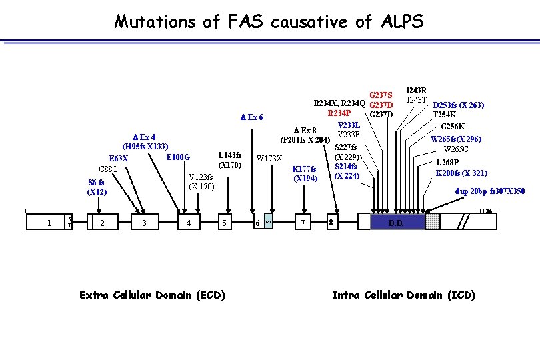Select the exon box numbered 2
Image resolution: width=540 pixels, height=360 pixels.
pos(101,223)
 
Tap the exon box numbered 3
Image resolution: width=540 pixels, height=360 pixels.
pos(145,223)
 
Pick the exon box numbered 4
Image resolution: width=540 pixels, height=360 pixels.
pos(190,223)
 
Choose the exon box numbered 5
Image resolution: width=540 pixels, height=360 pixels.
pos(227,223)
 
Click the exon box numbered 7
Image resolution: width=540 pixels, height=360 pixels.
pos(304,223)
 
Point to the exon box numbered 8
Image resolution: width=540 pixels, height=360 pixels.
pos(331,223)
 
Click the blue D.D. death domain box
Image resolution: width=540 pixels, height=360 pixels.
pos(396,223)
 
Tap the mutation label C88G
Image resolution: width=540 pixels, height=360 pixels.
pos(108,169)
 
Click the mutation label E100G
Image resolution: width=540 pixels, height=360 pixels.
pos(178,157)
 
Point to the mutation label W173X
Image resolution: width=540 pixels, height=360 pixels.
pos(270,159)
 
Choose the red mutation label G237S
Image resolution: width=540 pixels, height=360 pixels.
pos(381,95)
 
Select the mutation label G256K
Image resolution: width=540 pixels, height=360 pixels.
pos(453,127)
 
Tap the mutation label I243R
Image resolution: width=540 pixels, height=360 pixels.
pos(417,90)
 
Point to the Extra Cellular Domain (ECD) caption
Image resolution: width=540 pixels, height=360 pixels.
pos(152,295)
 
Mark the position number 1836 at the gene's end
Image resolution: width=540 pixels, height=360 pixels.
pos(486,211)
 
